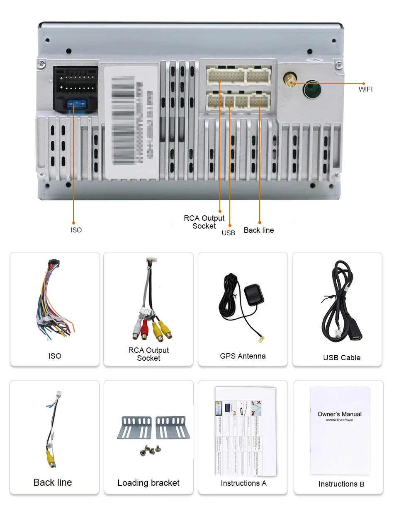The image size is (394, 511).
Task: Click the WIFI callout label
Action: pos(365,89)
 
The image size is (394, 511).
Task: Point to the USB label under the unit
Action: pos(228,233)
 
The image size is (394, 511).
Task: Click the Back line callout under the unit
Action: pos(258,230)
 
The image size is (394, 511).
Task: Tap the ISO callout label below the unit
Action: pos(76,230)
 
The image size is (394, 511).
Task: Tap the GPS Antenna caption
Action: pos(243,356)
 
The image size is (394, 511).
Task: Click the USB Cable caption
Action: pos(341,357)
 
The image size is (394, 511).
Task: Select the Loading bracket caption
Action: pos(148,483)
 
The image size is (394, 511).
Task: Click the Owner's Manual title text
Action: pos(339,414)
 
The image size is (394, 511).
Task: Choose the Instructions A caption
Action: pos(243,483)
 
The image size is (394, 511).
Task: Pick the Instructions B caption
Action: pos(341,484)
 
